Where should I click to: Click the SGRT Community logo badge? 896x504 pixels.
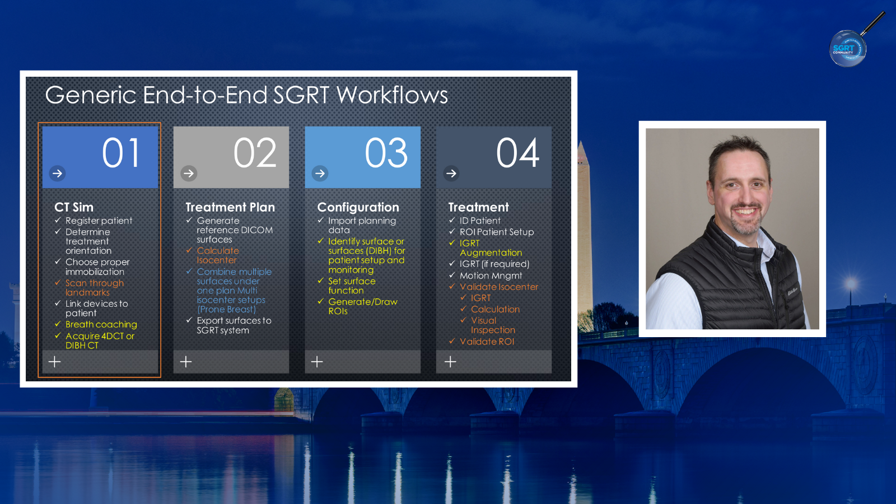[848, 48]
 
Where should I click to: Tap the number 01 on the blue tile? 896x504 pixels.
[121, 153]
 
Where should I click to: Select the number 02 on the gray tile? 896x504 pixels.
[255, 153]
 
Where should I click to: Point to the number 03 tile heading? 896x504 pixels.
[386, 153]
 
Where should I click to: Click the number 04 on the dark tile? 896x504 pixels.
[517, 153]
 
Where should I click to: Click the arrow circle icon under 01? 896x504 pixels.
[57, 173]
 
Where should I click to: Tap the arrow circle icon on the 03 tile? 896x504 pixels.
[320, 173]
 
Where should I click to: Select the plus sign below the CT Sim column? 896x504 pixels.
[55, 362]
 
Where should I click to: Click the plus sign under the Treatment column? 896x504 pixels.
[450, 362]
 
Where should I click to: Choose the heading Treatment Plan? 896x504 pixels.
[230, 207]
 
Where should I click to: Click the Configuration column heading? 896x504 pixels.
[358, 207]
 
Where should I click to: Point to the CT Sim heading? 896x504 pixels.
[73, 207]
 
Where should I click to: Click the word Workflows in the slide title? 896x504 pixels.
[392, 95]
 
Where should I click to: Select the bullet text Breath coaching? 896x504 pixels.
[101, 324]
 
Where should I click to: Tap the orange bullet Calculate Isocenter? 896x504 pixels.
[218, 255]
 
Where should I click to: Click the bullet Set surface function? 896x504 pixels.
[352, 286]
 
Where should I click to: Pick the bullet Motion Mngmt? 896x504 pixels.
[491, 276]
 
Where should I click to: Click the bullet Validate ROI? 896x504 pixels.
[487, 342]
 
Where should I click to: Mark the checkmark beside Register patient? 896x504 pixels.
[58, 220]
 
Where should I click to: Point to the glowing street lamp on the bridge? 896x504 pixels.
[851, 284]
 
